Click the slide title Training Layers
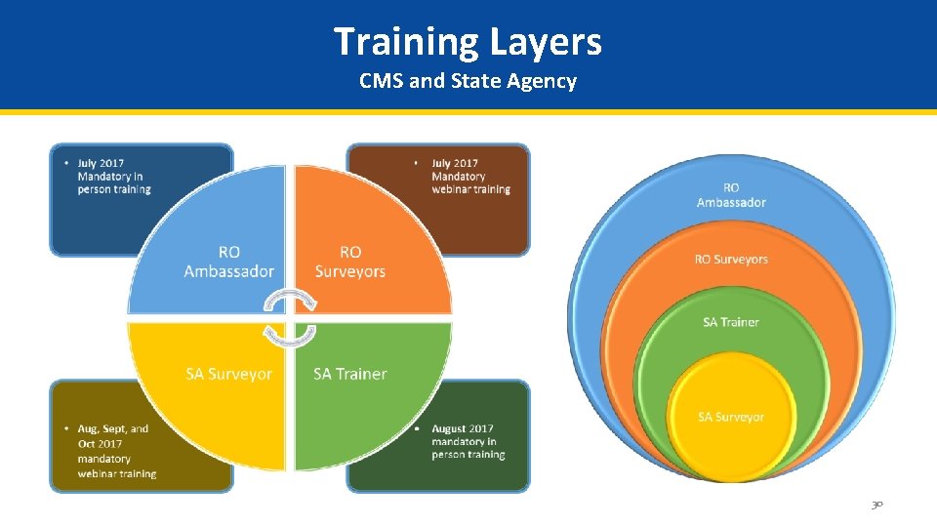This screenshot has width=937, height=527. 468,42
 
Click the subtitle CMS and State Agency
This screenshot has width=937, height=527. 468,81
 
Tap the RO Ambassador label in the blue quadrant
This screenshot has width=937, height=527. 228,262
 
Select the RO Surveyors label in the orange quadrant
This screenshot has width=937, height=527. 350,262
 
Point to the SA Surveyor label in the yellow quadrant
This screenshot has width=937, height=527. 228,374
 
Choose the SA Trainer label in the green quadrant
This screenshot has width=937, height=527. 350,374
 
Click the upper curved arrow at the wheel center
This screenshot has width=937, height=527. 291,299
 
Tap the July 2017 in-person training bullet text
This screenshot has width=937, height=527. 113,176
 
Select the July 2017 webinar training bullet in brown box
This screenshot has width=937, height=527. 469,176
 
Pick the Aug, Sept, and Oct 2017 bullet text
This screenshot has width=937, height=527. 115,451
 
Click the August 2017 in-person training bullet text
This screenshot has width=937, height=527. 468,441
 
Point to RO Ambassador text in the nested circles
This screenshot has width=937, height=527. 731,195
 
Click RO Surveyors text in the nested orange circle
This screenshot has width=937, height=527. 731,260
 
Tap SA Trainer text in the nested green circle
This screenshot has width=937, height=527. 731,322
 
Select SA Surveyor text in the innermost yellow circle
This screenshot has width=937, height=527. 731,417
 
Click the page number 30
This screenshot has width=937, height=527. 876,505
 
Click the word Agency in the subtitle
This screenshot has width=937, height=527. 542,81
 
